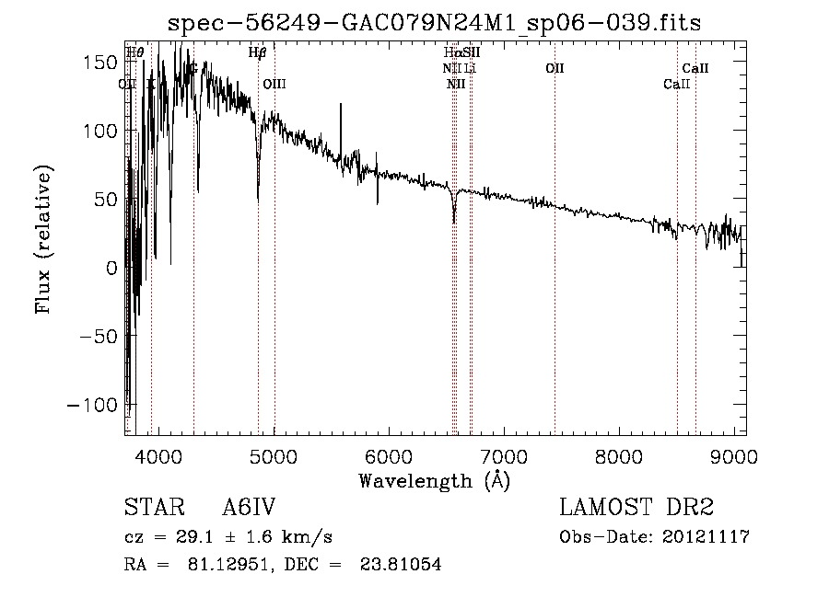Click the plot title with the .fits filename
click(434, 24)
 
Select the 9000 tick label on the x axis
click(734, 457)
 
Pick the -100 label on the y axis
click(93, 406)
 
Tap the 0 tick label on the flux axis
click(111, 268)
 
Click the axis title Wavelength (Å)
click(434, 480)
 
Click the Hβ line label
click(258, 52)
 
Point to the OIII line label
click(274, 84)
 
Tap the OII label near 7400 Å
click(555, 68)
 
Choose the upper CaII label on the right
click(695, 68)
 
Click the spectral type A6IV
click(249, 508)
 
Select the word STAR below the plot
click(153, 508)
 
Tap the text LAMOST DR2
click(636, 508)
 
